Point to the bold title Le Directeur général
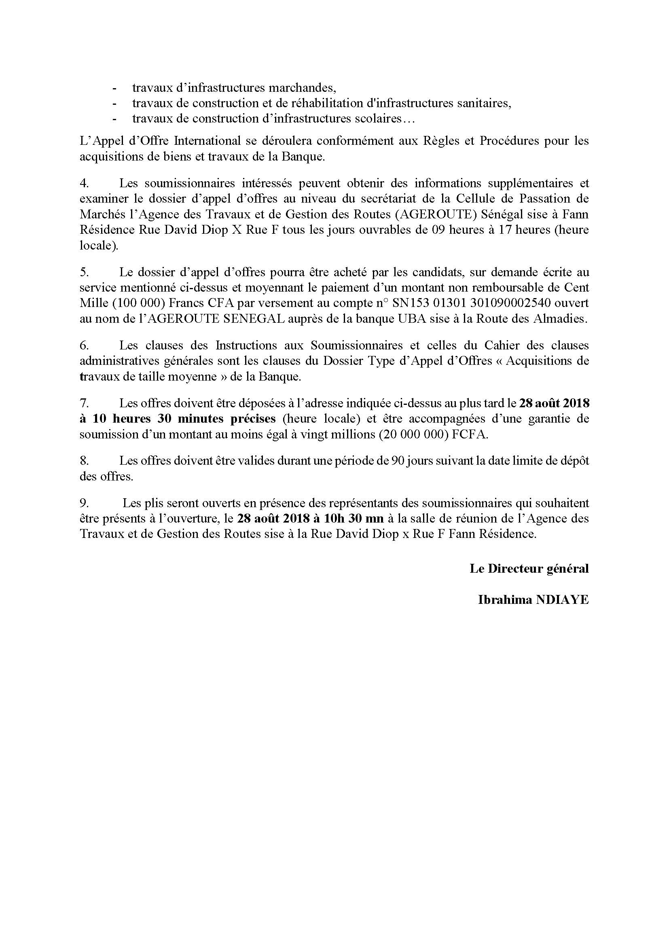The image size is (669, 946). click(x=529, y=569)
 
